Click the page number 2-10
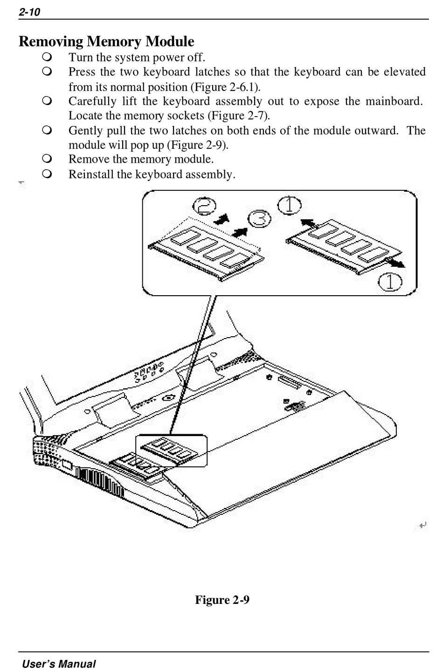tap(29, 12)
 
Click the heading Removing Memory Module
tap(106, 42)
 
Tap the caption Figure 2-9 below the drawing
tap(222, 599)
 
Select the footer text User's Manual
tap(59, 664)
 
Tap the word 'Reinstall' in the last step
tap(90, 174)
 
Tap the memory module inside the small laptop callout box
tap(167, 450)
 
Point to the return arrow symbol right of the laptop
tap(422, 526)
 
